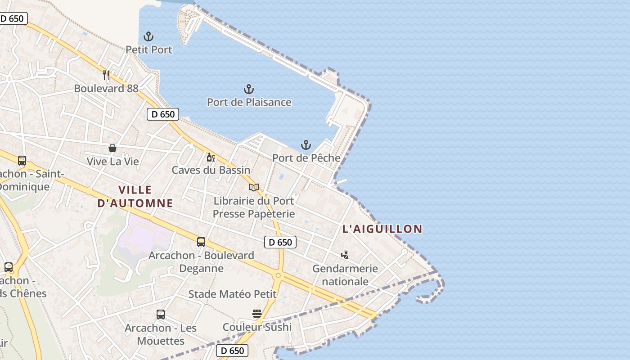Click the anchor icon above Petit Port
coord(148,36)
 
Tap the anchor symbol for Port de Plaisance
coord(249,89)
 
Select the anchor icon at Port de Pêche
coord(306,145)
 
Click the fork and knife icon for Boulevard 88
coord(106,75)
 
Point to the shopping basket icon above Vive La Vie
coord(112,148)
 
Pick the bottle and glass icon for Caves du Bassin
coord(211,157)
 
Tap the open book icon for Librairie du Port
coord(254,187)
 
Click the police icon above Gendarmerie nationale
coord(345,255)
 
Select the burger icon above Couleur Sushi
coord(257,314)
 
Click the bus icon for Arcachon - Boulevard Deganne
coord(201,242)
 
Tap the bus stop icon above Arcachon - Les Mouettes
coord(161,315)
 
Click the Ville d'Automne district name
coord(135,196)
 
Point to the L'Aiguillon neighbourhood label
coord(382,229)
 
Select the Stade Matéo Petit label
coord(232,294)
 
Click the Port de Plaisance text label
coord(249,102)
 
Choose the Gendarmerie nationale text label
coord(345,275)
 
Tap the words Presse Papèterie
coord(253,213)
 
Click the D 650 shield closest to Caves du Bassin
coord(163,114)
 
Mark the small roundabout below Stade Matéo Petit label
coord(278,275)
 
